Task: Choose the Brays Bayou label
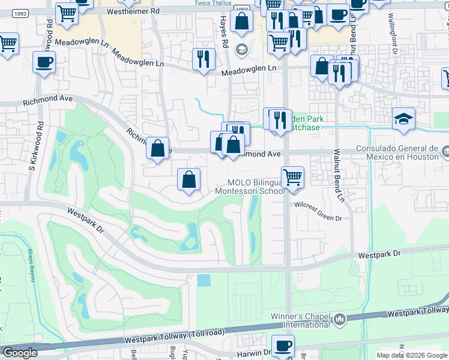pyautogui.click(x=29, y=264)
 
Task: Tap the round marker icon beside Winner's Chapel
pyautogui.click(x=340, y=319)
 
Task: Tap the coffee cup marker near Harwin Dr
pyautogui.click(x=283, y=345)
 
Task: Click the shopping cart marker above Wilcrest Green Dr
pyautogui.click(x=293, y=177)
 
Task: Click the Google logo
pyautogui.click(x=20, y=353)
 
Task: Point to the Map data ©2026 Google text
pyautogui.click(x=411, y=355)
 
